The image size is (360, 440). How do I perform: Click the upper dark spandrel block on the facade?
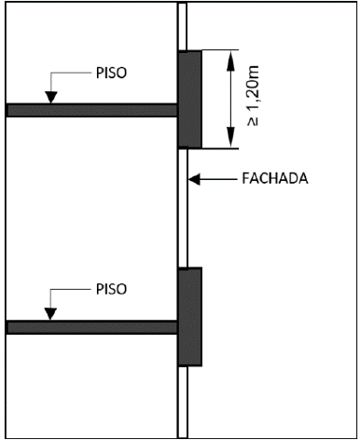(x=189, y=99)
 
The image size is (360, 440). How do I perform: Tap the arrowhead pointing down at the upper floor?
(x=52, y=96)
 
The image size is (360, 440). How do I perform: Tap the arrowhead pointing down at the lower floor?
(x=52, y=314)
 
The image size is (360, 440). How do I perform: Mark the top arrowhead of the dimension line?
(x=229, y=57)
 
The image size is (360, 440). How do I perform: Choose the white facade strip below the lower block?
(x=184, y=401)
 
